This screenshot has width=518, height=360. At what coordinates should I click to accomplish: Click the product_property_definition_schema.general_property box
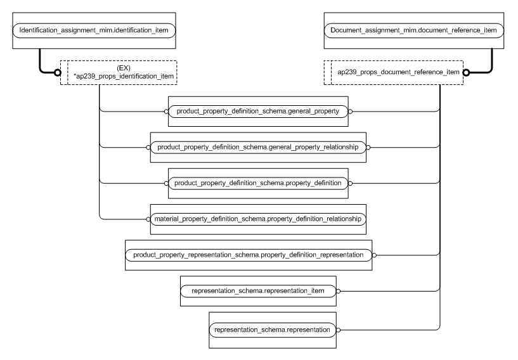point(257,111)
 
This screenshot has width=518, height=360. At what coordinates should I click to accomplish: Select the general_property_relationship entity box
point(257,147)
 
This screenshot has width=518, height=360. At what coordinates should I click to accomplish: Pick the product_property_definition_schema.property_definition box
point(257,183)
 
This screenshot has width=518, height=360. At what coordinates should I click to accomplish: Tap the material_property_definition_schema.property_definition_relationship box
point(257,219)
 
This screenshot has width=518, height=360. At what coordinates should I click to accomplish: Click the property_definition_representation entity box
point(249,255)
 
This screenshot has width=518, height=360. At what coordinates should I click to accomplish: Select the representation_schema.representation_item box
point(257,292)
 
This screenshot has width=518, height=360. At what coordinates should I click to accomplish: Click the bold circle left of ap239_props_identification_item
point(57,72)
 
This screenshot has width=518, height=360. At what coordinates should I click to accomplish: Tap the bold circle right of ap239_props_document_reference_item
point(467,72)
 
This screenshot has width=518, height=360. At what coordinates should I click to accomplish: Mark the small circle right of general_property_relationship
point(369,147)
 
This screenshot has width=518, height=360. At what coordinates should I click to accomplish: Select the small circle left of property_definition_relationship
point(148,219)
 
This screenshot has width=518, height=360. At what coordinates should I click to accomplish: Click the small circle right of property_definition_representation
point(375,255)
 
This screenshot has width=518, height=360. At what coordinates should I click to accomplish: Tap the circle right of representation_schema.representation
point(339,330)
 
